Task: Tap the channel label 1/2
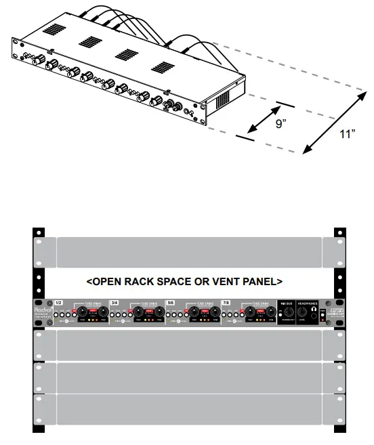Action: click(59, 302)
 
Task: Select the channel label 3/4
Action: click(115, 302)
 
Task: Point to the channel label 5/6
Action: click(170, 302)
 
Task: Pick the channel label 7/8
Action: click(226, 302)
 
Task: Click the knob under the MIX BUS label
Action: click(287, 314)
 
